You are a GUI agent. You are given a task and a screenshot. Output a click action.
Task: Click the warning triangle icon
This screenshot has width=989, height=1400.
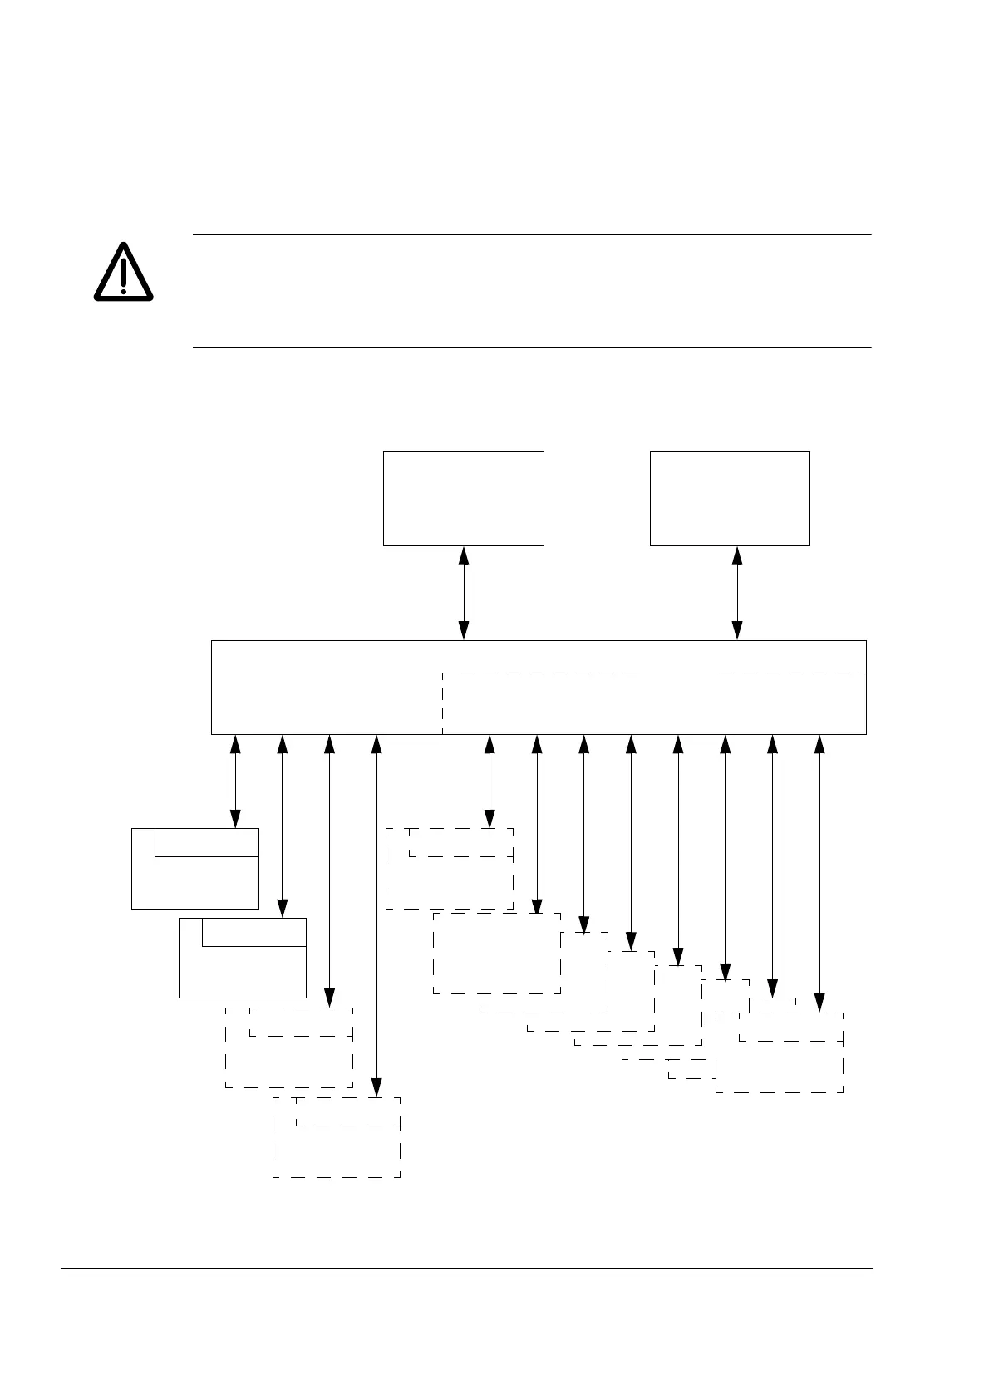[x=123, y=272]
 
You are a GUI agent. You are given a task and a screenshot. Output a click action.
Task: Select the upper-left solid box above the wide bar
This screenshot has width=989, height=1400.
[x=463, y=499]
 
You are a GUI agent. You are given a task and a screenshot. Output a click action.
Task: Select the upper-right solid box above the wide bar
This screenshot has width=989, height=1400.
[x=729, y=499]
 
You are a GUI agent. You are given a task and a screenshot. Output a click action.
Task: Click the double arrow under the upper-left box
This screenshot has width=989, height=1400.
[x=464, y=593]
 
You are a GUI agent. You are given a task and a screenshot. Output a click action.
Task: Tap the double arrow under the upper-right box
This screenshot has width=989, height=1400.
[x=737, y=593]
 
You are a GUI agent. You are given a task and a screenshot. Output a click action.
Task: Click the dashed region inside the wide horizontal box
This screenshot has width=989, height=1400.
[x=654, y=703]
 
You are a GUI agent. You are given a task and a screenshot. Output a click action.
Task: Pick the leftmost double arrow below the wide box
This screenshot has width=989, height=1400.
[x=235, y=781]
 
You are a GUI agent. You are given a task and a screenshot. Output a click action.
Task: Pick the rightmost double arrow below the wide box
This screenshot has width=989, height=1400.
[x=819, y=872]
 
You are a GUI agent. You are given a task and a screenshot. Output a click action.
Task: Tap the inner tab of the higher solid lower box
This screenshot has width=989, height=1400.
[x=206, y=841]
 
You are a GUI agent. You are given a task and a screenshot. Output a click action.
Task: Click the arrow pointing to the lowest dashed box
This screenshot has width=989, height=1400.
[x=377, y=914]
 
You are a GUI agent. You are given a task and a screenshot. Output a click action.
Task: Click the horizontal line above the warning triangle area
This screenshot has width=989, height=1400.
[x=532, y=235]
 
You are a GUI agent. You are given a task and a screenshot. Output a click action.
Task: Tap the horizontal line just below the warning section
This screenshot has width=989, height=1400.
[x=532, y=347]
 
